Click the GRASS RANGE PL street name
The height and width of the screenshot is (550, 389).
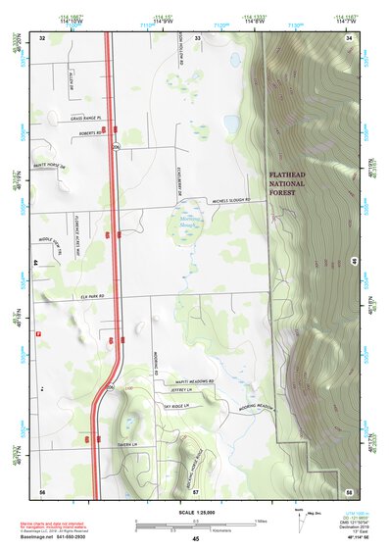point(86,119)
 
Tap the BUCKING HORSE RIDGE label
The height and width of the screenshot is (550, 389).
point(196,457)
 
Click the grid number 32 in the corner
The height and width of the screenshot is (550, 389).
point(42,37)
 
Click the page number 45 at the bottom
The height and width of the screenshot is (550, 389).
point(195,539)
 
